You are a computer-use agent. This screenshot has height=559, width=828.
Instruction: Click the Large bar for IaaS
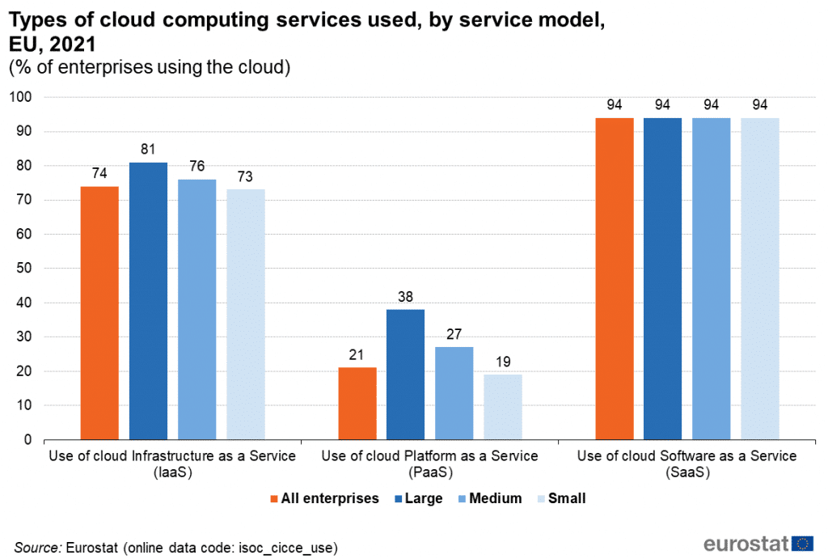[x=148, y=301]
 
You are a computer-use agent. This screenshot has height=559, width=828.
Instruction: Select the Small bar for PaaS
[x=503, y=407]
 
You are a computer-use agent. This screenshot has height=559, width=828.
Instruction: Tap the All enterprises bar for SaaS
[x=615, y=279]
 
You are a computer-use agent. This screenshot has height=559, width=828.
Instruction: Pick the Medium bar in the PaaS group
[x=454, y=393]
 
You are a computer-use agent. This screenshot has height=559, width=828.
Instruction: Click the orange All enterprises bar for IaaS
[x=99, y=313]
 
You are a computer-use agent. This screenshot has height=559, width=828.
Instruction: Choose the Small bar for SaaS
[x=759, y=279]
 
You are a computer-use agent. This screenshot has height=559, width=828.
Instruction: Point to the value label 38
[x=405, y=296]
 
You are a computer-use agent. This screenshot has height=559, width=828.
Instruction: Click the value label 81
[x=148, y=149]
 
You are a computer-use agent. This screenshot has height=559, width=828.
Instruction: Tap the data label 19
[x=503, y=361]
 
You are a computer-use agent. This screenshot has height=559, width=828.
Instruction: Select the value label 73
[x=245, y=176]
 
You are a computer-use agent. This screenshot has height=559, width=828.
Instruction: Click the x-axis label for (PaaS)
[x=429, y=472]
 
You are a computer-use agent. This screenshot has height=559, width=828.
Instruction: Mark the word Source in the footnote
[x=37, y=548]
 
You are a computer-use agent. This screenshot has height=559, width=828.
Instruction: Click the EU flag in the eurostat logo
[x=802, y=544]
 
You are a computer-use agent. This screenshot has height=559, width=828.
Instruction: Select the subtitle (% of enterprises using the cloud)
[x=150, y=68]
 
